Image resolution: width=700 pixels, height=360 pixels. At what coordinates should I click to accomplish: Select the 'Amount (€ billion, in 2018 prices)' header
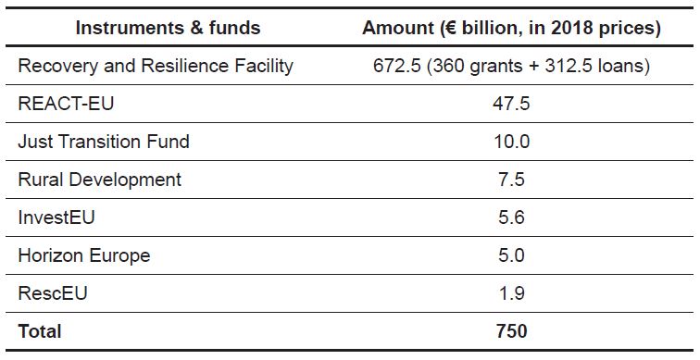[511, 28]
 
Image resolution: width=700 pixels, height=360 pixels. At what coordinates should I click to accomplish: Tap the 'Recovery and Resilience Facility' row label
[156, 66]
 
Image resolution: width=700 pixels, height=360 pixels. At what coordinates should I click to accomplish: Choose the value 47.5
[511, 104]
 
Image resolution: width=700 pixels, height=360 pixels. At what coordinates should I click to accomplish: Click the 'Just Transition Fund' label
[104, 142]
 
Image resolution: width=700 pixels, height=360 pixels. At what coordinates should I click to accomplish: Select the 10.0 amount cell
[511, 142]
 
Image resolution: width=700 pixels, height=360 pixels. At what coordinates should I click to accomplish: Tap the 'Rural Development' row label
[100, 180]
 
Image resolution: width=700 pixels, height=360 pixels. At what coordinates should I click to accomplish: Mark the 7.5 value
[511, 180]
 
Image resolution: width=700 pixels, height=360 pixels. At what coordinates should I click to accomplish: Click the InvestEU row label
[56, 217]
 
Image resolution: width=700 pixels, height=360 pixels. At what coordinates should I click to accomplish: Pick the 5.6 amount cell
[511, 217]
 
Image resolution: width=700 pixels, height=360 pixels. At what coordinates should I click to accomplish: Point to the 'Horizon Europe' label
[84, 255]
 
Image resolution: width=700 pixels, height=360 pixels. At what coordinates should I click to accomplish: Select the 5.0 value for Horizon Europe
[511, 255]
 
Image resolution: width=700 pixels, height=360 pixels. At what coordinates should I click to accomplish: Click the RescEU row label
[54, 293]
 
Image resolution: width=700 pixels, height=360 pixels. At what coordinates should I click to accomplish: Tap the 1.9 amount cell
[511, 293]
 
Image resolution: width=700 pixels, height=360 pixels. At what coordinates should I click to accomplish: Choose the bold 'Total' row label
[40, 330]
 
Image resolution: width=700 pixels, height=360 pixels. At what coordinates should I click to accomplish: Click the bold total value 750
[511, 330]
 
